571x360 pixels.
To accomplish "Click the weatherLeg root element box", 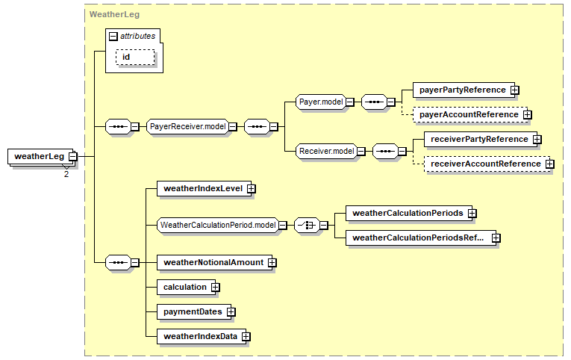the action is coord(43,157).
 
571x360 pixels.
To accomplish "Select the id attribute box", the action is coord(135,58).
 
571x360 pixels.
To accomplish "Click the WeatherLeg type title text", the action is coord(114,15).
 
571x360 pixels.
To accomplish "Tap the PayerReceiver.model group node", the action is coord(188,127).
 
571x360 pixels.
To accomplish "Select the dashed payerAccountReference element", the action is coord(470,115).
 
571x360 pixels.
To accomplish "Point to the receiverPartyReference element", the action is coord(481,139).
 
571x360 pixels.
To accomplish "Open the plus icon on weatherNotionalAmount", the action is coord(272,263).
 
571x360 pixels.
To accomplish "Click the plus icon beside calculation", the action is coord(216,288).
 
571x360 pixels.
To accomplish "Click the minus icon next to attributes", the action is coord(113,37).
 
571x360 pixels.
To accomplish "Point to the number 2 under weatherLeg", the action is coord(66,174).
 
